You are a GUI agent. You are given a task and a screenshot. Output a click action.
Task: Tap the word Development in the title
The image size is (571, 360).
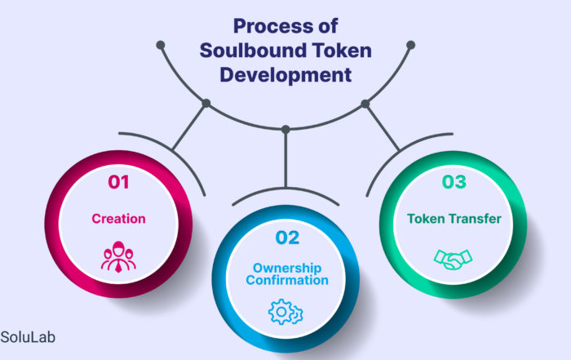point(285,75)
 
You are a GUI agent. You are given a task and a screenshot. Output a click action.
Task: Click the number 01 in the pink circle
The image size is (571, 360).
point(118,182)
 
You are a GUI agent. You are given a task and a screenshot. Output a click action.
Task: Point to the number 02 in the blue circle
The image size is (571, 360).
point(287,238)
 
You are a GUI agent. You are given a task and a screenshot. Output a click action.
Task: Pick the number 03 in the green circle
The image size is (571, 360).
point(454,182)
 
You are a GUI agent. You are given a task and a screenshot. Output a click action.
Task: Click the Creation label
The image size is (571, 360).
point(118,219)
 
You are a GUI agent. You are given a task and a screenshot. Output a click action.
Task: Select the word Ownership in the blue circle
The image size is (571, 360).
point(287,268)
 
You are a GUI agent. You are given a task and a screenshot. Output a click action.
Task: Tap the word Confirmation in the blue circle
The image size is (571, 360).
point(287,280)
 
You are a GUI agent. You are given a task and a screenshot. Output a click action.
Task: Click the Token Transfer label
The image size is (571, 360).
point(454,219)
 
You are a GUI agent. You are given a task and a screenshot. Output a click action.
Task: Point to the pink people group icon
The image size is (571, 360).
point(118,257)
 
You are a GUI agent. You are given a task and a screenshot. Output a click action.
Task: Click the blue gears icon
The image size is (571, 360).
point(285,312)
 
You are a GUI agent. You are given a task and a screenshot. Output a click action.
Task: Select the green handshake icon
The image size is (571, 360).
point(453,259)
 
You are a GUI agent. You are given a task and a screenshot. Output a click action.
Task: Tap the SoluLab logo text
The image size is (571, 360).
point(28,337)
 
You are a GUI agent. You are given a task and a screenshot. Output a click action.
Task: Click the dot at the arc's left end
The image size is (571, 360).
point(161,45)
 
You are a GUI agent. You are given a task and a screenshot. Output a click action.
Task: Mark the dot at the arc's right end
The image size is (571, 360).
point(411,45)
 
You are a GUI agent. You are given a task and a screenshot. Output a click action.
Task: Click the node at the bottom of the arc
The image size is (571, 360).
point(285,129)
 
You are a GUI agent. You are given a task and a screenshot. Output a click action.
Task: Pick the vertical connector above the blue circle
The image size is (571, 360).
point(285,159)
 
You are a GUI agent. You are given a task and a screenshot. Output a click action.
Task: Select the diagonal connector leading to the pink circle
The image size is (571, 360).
point(189,127)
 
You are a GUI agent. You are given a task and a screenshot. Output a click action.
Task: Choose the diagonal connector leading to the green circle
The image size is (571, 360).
point(383,127)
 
